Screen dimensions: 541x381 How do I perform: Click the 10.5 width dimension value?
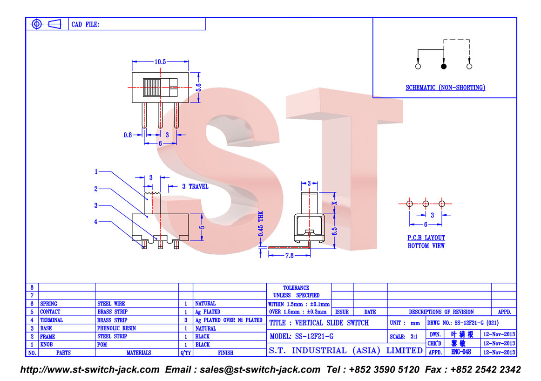coord(160,62)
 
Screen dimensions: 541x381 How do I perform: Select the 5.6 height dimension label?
coord(199,87)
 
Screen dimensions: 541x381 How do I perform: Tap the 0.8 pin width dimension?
coord(128,135)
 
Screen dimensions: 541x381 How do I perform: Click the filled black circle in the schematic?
coord(444,66)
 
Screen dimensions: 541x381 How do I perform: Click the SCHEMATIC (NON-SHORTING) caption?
coord(445,88)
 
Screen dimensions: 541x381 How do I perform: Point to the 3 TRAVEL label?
coord(195,187)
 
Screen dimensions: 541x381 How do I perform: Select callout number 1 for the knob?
coord(96,171)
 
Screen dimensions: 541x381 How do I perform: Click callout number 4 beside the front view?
coord(96,222)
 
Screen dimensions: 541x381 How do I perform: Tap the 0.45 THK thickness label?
coord(261,224)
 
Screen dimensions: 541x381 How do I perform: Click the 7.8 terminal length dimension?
coord(289,256)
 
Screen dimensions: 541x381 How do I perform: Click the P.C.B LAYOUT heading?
coord(426,238)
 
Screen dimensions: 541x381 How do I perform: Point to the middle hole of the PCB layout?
coord(426,204)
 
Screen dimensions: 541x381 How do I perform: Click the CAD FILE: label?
coord(85,25)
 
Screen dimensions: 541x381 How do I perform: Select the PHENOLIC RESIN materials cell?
coord(116,328)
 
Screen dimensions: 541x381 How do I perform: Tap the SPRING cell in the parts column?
coord(48,304)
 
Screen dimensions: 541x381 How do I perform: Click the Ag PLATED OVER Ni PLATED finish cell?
coord(229,320)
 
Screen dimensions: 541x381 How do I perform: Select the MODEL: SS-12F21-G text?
coord(302,336)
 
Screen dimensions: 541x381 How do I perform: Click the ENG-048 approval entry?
coord(461,352)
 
